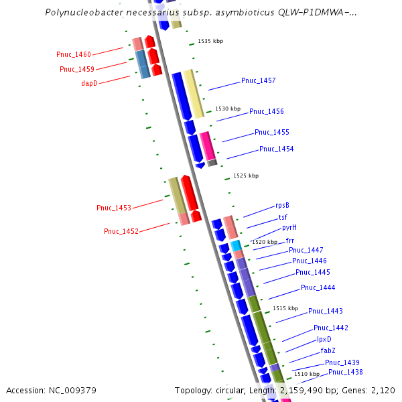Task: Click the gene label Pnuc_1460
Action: coord(74,54)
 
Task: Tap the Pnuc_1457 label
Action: coord(259,81)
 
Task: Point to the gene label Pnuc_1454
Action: coord(276,149)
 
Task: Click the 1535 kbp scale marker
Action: coord(210,42)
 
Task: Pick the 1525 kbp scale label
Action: coord(246,176)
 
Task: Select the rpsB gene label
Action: coord(282,206)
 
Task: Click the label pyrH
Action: coord(289,228)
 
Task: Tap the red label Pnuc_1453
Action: coord(114,208)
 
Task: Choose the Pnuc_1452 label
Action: coord(121,232)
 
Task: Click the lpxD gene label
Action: coord(324,340)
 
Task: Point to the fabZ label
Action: coord(328,351)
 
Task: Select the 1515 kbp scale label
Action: coord(285,309)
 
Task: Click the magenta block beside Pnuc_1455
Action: coord(208,145)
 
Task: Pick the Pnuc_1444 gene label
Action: coord(318,288)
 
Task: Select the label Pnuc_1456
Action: coord(267,112)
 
